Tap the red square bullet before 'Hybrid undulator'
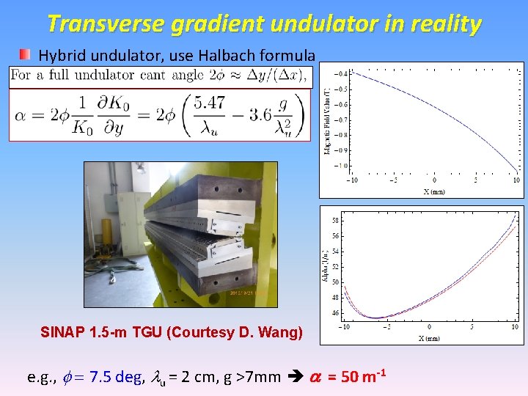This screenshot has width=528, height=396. pyautogui.click(x=26, y=54)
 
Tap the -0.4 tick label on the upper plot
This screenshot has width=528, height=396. pyautogui.click(x=342, y=73)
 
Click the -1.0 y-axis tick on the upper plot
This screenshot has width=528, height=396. pyautogui.click(x=342, y=166)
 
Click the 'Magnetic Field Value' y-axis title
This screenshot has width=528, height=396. pyautogui.click(x=326, y=121)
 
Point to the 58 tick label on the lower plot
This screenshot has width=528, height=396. pyautogui.click(x=336, y=220)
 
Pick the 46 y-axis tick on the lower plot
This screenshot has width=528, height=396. pyautogui.click(x=336, y=313)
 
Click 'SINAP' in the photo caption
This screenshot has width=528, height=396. pyautogui.click(x=64, y=332)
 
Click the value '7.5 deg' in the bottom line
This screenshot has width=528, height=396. pyautogui.click(x=120, y=378)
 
